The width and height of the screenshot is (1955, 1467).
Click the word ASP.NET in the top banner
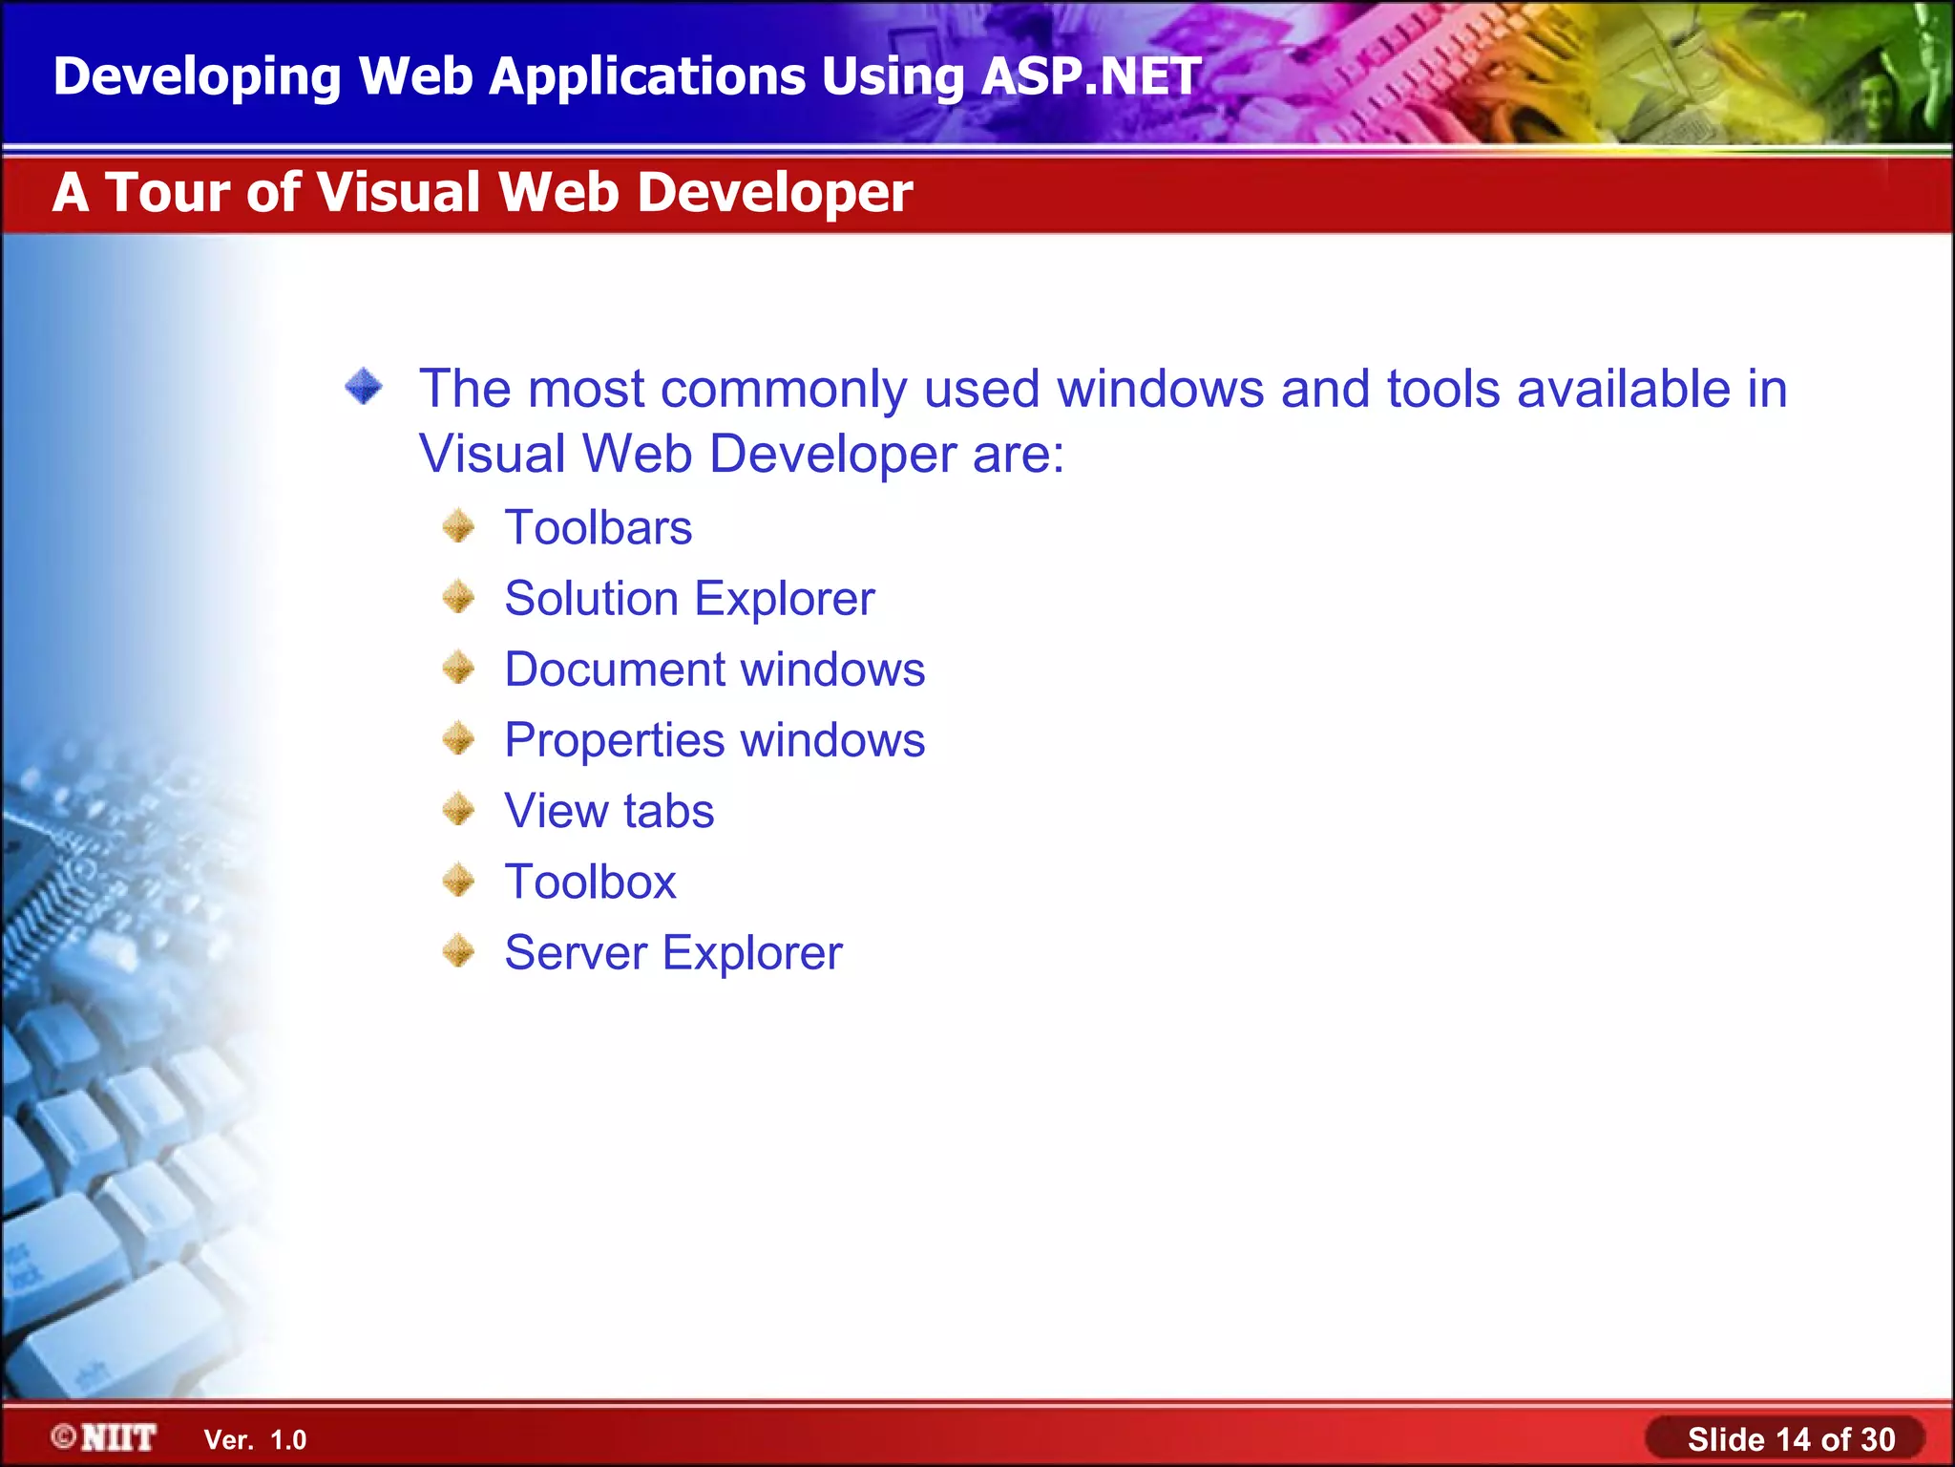click(x=1090, y=76)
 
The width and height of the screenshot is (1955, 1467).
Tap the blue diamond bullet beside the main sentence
click(x=364, y=387)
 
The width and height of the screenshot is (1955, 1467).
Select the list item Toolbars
click(x=598, y=528)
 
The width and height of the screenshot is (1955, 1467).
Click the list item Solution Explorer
click(x=689, y=599)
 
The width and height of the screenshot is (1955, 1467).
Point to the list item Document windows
click(x=714, y=670)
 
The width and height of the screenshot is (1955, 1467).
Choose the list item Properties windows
click(x=714, y=740)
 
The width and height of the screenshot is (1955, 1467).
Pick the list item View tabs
click(x=609, y=811)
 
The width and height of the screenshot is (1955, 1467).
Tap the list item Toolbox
click(x=590, y=882)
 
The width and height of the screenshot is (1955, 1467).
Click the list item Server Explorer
click(x=673, y=952)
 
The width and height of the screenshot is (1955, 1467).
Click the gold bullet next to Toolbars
click(x=459, y=526)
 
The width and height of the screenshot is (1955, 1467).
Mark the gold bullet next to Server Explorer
click(x=459, y=951)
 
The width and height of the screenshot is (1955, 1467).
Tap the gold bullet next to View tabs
click(x=459, y=810)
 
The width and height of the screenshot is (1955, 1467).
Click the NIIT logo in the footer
click(x=105, y=1437)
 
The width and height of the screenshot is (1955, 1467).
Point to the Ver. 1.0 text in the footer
click(x=255, y=1440)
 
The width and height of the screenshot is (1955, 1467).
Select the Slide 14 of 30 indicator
click(x=1790, y=1439)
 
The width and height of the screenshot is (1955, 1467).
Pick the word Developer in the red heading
click(x=774, y=192)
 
